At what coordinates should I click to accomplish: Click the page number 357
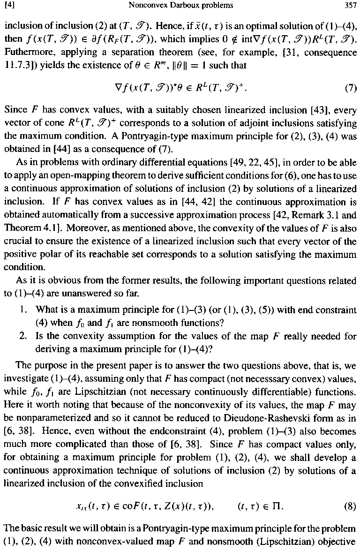pyautogui.click(x=351, y=6)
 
